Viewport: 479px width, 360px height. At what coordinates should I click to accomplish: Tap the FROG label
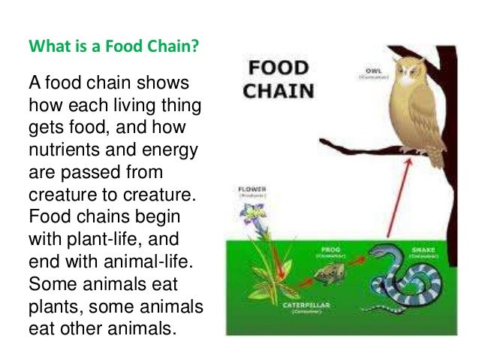331,247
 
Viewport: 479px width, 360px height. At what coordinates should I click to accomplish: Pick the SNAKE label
425,249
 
